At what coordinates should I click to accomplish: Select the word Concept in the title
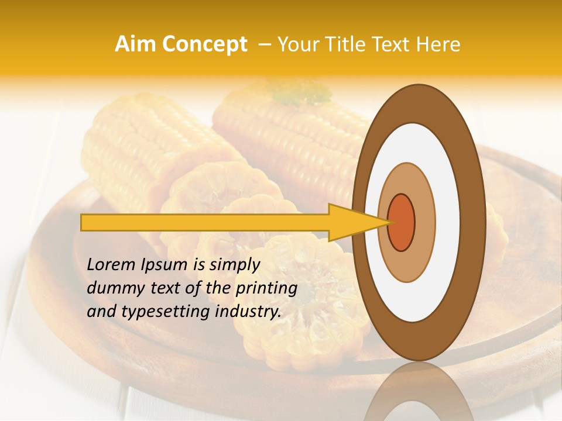pos(204,44)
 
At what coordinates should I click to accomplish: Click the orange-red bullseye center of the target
pos(402,222)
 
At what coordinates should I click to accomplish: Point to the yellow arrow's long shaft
pos(205,222)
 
